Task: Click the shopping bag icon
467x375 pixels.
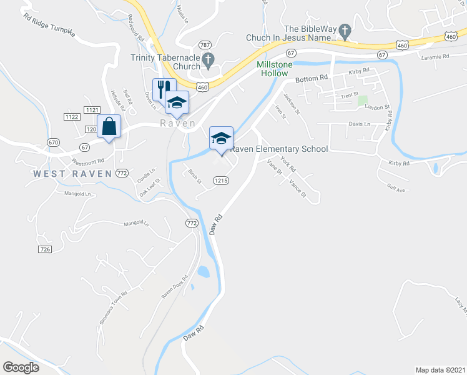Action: click(109, 126)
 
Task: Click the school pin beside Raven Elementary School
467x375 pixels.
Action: click(221, 138)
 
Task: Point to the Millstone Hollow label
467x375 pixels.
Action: click(272, 69)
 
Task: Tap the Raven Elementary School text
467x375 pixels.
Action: click(279, 149)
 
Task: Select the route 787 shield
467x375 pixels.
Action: click(205, 45)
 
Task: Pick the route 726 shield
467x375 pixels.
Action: click(44, 249)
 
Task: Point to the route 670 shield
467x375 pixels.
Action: click(53, 142)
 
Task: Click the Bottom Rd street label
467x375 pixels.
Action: click(312, 78)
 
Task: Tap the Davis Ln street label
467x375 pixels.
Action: click(359, 124)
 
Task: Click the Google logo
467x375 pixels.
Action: click(21, 367)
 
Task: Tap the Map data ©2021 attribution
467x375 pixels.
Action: click(440, 369)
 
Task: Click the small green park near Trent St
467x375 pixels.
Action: click(362, 100)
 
